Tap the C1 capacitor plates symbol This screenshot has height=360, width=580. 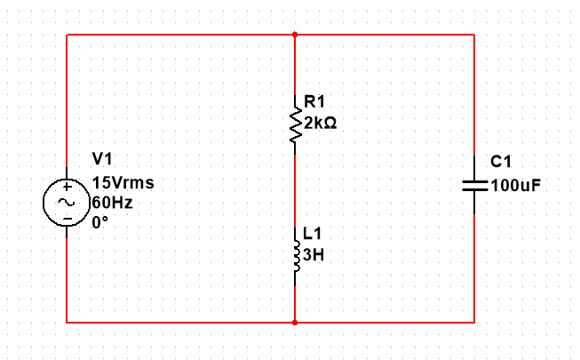tap(473, 186)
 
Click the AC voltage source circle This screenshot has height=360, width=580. tap(67, 203)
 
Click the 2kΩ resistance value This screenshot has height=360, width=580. tap(320, 124)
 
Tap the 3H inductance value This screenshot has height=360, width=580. tap(314, 254)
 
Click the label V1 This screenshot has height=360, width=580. tap(103, 159)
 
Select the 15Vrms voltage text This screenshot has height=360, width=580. tap(123, 183)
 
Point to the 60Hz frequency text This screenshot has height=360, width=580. tap(113, 203)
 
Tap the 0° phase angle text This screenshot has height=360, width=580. tap(100, 221)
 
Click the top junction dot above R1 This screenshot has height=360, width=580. tap(295, 36)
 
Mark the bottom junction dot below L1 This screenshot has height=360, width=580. tap(295, 322)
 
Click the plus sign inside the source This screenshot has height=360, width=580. tap(67, 188)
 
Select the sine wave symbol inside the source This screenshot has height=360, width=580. tap(67, 203)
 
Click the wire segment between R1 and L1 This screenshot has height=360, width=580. tap(295, 187)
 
